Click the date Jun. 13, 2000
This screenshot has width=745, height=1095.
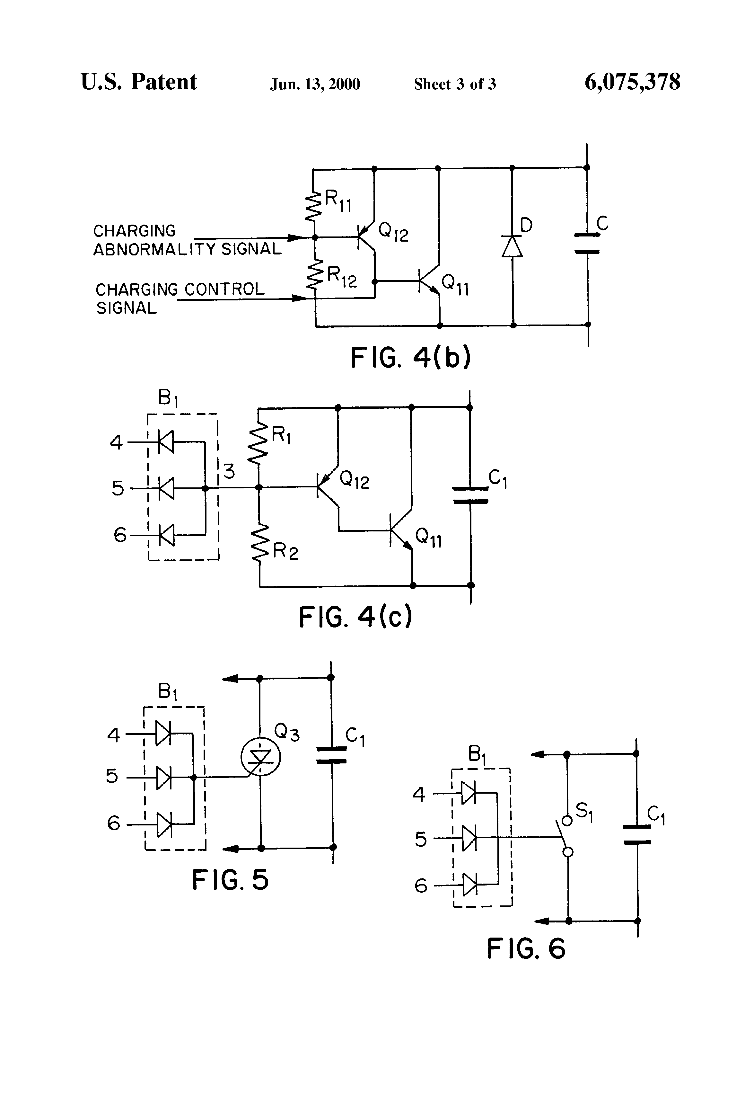coord(315,84)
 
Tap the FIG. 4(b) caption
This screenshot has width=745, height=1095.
coord(410,358)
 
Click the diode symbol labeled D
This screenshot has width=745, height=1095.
coord(512,246)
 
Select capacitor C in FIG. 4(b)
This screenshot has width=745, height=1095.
coord(587,243)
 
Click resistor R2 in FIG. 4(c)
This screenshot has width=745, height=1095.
coord(259,544)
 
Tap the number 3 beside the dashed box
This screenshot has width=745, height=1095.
coord(229,471)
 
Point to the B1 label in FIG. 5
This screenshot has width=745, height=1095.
coord(168,692)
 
